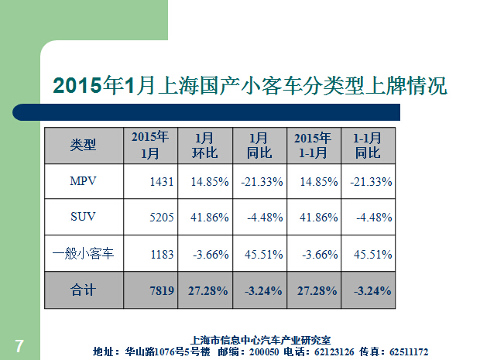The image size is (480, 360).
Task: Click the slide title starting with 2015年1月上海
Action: click(249, 85)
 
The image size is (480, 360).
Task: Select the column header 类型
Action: click(83, 145)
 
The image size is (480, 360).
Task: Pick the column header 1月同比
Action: click(261, 145)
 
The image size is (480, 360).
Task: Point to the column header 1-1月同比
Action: click(368, 145)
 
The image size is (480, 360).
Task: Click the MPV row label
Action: click(83, 182)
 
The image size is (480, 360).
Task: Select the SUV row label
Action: click(83, 218)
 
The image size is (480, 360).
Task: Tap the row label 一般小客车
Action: click(83, 253)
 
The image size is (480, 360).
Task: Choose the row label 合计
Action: click(83, 290)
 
